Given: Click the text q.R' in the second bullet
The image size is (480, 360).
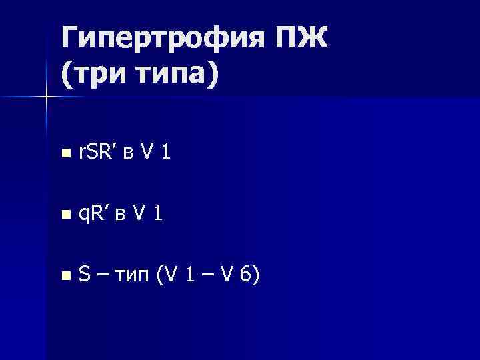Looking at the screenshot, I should (95, 215).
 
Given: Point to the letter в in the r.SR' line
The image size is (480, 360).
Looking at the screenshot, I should (133, 155).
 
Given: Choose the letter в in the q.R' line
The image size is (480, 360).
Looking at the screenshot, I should (123, 216).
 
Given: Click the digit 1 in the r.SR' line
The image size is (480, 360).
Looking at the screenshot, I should (166, 153).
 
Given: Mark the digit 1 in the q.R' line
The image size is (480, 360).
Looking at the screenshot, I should (157, 214).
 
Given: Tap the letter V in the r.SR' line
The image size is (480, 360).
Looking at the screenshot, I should (149, 153).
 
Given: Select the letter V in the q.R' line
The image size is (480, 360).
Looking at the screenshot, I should (139, 214).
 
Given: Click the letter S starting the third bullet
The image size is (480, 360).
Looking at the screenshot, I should (85, 275).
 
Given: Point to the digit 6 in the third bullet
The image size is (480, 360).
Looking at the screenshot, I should (246, 275).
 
